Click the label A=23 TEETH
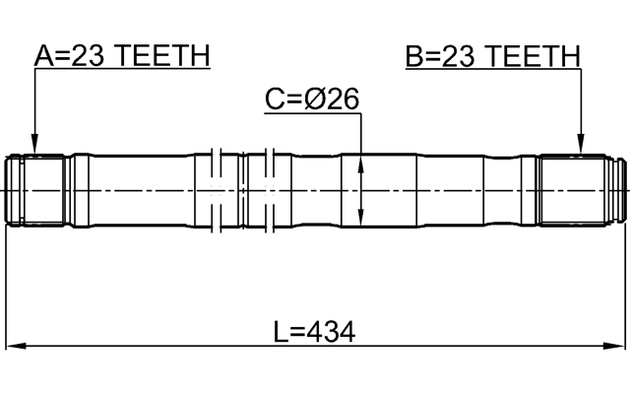coord(122,56)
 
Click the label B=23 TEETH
coord(493,56)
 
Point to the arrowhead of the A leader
coord(34,150)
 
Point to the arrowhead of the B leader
coord(582,150)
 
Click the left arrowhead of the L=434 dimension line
coord(14,347)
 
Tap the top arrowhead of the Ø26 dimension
coord(362,161)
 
